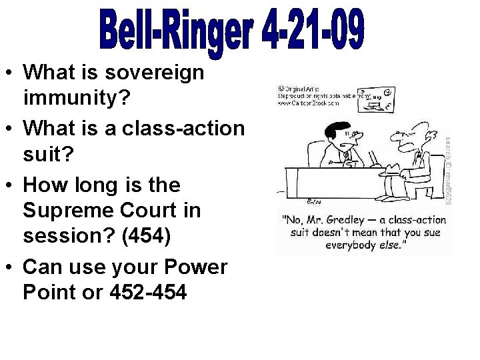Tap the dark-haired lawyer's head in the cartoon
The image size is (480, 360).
point(337,131)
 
